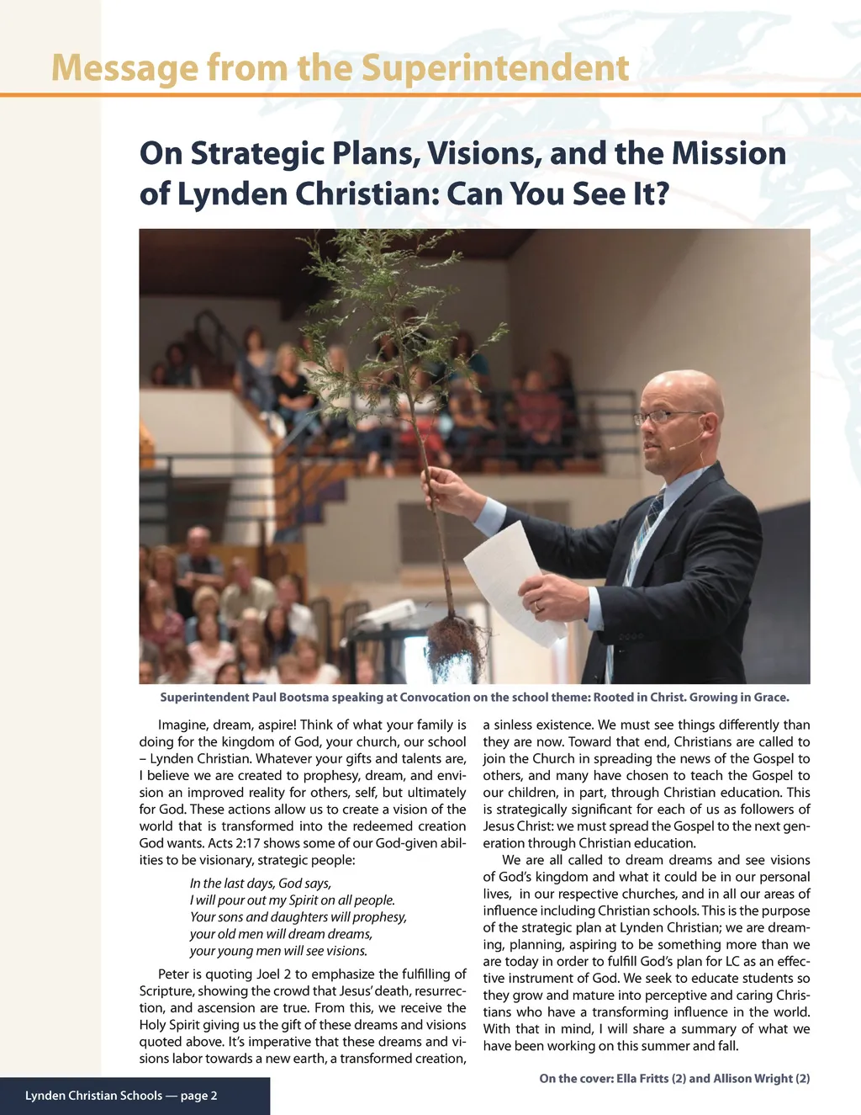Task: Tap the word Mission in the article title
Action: click(x=728, y=154)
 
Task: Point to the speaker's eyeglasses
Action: click(x=668, y=416)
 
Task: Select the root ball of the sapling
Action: click(x=455, y=644)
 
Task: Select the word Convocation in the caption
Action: click(x=435, y=698)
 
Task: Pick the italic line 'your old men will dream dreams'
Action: click(x=281, y=934)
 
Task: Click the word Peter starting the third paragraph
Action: click(x=174, y=974)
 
